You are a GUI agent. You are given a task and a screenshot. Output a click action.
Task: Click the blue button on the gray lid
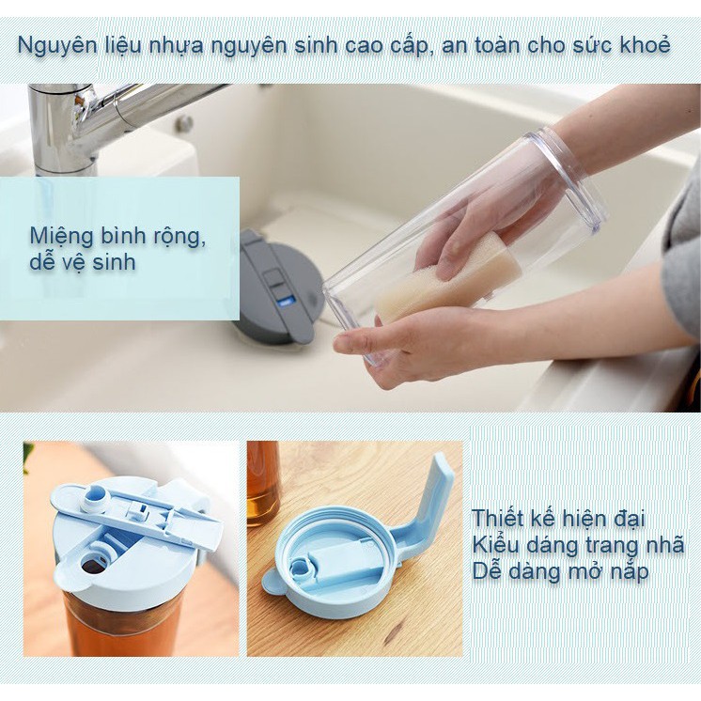[x=284, y=303]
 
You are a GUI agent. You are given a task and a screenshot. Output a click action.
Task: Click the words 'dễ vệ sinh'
[x=83, y=261]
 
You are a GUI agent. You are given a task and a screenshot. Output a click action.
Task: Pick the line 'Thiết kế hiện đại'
[x=558, y=519]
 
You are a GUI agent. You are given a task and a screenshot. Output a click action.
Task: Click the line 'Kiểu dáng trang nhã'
[x=578, y=545]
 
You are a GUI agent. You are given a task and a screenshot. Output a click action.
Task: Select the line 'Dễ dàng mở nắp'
[x=560, y=571]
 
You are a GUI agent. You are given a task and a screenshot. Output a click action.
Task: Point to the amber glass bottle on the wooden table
[x=263, y=483]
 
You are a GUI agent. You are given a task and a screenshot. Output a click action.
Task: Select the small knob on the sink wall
[x=184, y=123]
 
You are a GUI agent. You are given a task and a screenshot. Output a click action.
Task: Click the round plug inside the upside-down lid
[x=300, y=567]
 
